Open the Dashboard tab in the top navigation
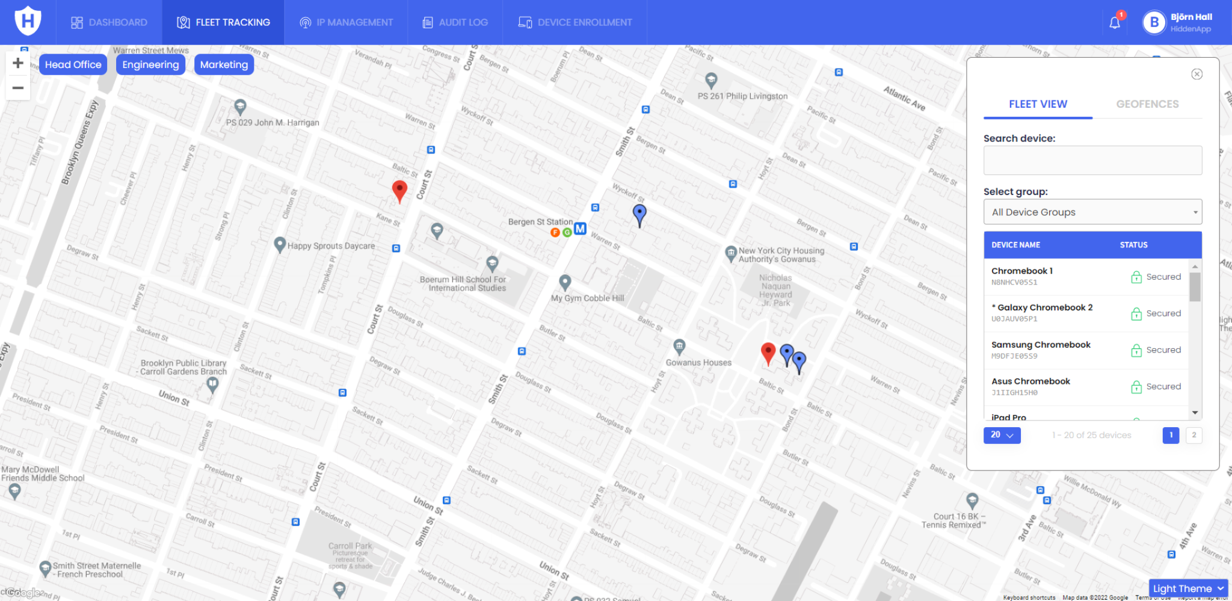pos(109,22)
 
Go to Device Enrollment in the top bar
pos(575,22)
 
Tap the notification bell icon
pos(1115,23)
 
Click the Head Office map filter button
pos(73,64)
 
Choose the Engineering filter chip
pos(150,64)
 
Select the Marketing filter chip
pos(224,64)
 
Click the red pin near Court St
pos(399,190)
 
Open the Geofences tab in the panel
pos(1147,104)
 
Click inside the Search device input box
pos(1092,161)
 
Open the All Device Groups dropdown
pos(1092,212)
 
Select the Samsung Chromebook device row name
pos(1041,345)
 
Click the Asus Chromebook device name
pos(1030,381)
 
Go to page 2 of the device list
pos(1193,435)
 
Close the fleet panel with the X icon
pos(1197,74)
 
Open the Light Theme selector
pos(1188,588)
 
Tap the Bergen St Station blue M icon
pos(580,229)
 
